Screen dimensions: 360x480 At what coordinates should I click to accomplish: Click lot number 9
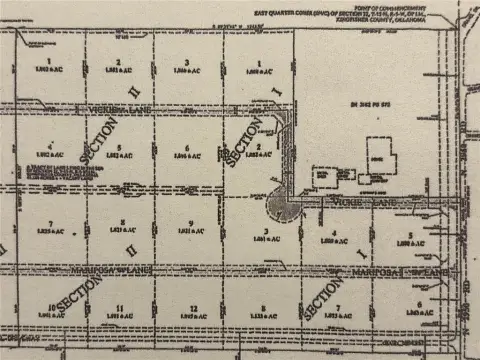pos(189,222)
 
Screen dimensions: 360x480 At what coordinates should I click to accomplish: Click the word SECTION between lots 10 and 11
pos(74,296)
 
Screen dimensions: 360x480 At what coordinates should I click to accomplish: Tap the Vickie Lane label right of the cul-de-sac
pos(349,203)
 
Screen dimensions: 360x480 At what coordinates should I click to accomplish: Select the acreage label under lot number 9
pos(189,231)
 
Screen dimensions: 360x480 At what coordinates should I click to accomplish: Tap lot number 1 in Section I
pos(257,63)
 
